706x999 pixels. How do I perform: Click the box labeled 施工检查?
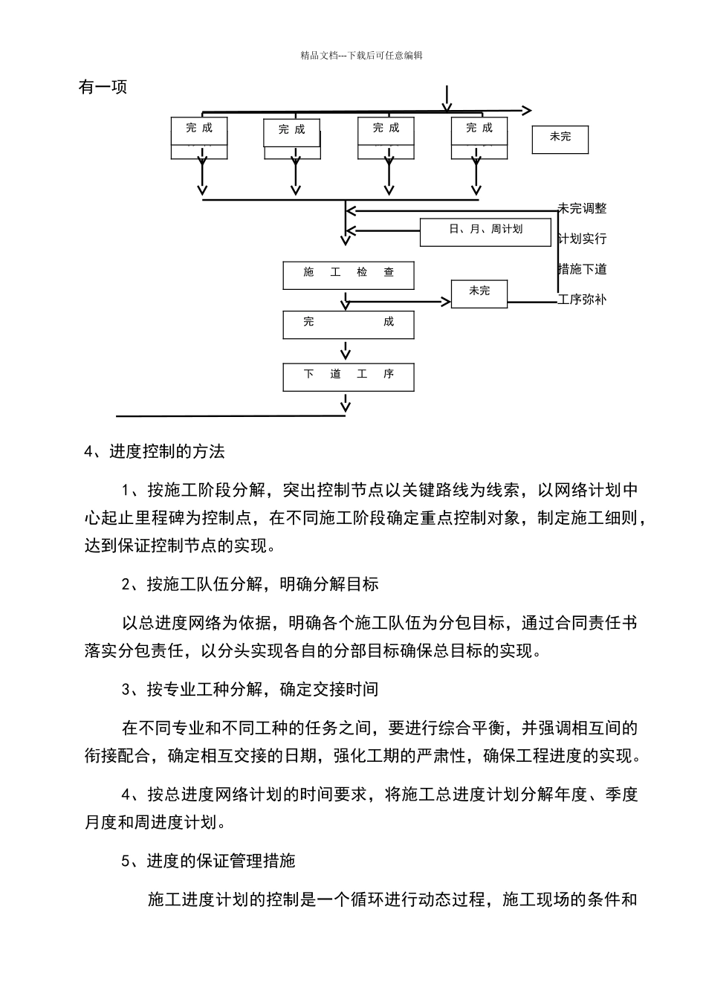point(349,275)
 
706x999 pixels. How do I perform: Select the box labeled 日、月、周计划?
point(485,232)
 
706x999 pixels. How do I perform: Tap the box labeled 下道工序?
point(349,377)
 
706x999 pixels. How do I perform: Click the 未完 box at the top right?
point(560,139)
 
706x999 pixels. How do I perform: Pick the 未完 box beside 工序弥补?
point(479,293)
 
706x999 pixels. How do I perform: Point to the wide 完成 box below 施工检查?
point(349,325)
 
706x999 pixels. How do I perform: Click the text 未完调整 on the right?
point(583,209)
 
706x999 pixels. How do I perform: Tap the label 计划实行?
point(583,239)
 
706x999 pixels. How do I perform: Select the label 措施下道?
point(583,269)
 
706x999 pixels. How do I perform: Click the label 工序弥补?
point(583,300)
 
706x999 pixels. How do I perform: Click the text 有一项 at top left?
point(103,87)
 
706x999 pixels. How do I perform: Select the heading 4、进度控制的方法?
point(155,451)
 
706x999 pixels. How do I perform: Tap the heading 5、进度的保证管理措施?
point(208,861)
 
